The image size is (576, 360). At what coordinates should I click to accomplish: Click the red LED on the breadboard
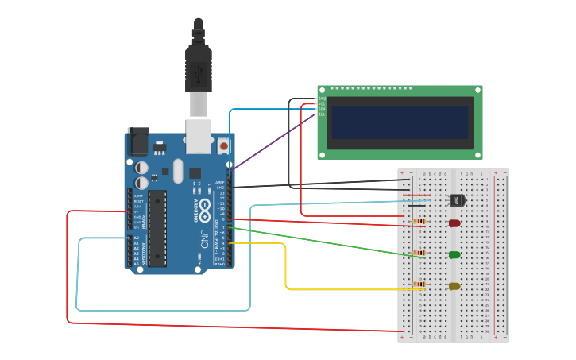pyautogui.click(x=454, y=223)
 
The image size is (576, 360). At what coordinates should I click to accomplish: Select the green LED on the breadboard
pyautogui.click(x=454, y=255)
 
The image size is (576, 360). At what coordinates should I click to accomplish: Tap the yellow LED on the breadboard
pyautogui.click(x=454, y=286)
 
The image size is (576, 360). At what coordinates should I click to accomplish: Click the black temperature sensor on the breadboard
pyautogui.click(x=457, y=200)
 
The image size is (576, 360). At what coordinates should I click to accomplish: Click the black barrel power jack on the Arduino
pyautogui.click(x=139, y=142)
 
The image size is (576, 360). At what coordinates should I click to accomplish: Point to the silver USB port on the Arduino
pyautogui.click(x=199, y=135)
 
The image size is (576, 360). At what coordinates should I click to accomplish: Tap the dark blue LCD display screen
pyautogui.click(x=400, y=122)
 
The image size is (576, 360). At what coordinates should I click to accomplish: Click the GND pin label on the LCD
pyautogui.click(x=322, y=99)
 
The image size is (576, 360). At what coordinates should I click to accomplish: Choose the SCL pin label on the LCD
pyautogui.click(x=322, y=114)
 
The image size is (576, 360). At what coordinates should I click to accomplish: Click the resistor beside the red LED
pyautogui.click(x=419, y=222)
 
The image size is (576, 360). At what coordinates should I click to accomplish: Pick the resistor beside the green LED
pyautogui.click(x=419, y=254)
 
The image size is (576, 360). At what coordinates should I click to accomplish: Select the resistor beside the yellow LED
pyautogui.click(x=419, y=285)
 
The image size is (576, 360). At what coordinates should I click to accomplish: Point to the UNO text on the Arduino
pyautogui.click(x=204, y=238)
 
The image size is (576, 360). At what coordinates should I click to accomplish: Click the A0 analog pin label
pyautogui.click(x=136, y=238)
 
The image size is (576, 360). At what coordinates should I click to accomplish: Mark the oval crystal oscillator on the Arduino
pyautogui.click(x=178, y=170)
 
